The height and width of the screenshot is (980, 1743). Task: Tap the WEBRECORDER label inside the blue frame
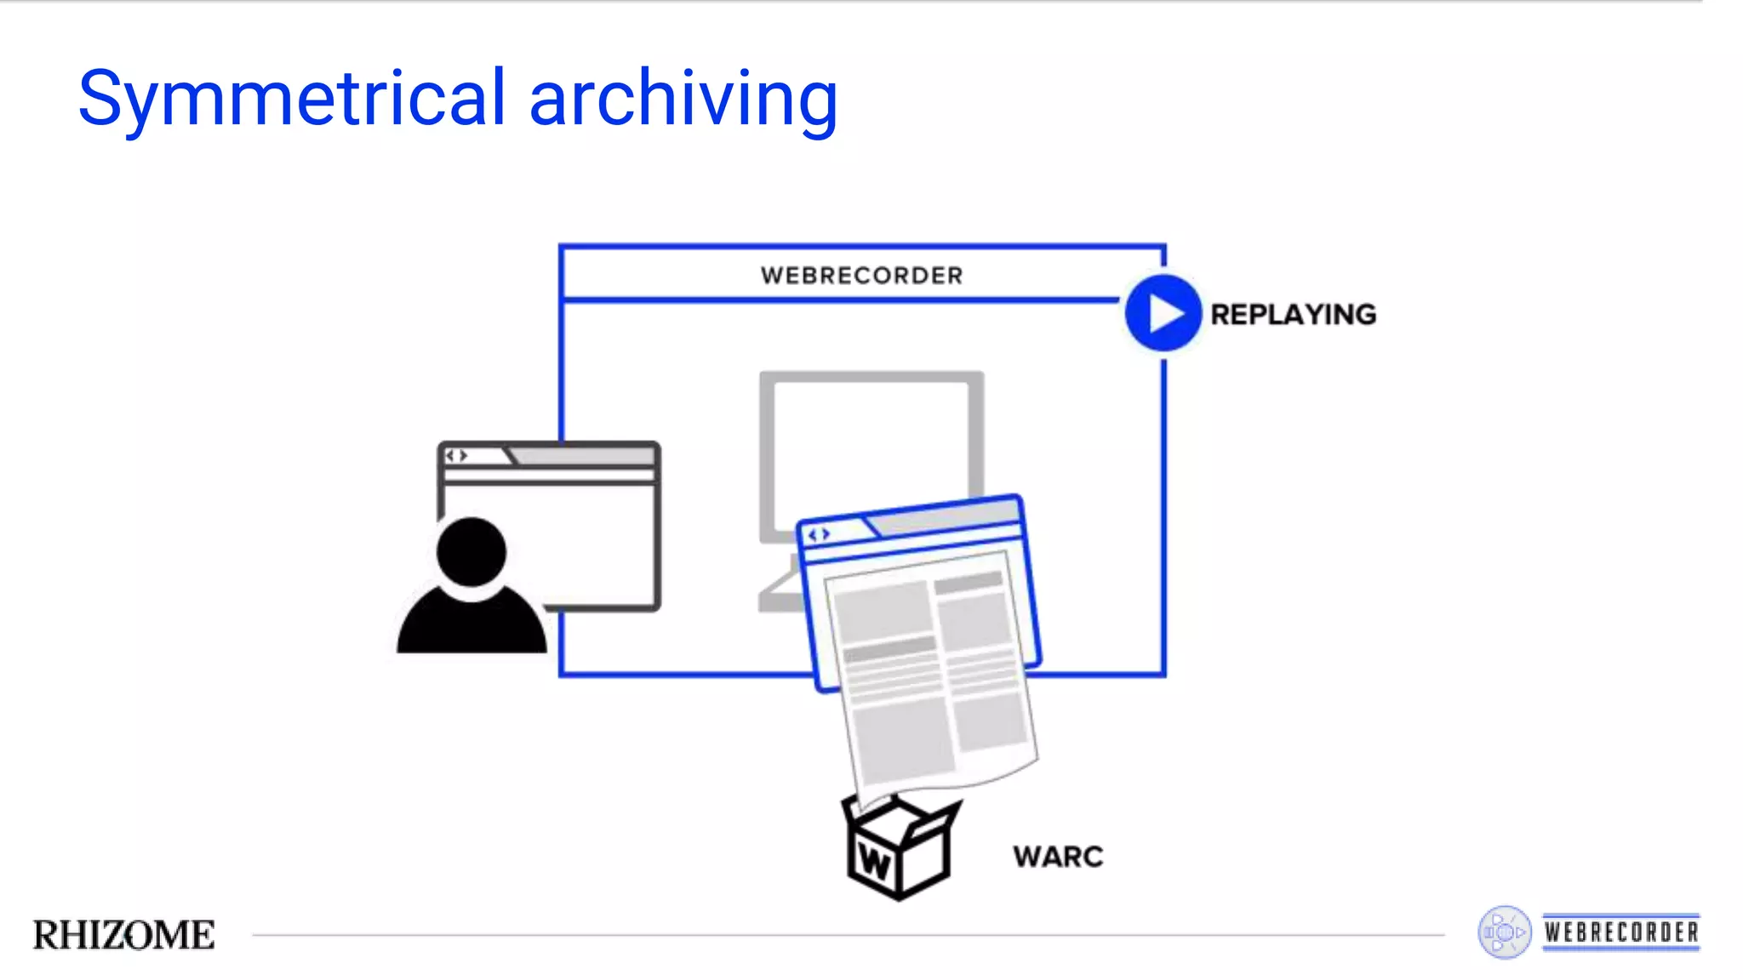(861, 276)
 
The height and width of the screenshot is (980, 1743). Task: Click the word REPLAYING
(1293, 315)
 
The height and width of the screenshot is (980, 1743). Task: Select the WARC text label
(1058, 857)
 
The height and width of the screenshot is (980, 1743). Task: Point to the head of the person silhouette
(471, 551)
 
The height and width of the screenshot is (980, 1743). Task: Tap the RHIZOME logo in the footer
(124, 935)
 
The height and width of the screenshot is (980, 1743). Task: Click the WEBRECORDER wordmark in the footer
(1621, 932)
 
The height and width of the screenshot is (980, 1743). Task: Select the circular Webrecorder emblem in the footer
(1504, 932)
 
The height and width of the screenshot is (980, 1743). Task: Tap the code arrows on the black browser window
(457, 456)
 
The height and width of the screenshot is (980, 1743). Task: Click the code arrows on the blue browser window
(819, 534)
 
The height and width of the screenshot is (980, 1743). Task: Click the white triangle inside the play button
(1165, 314)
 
